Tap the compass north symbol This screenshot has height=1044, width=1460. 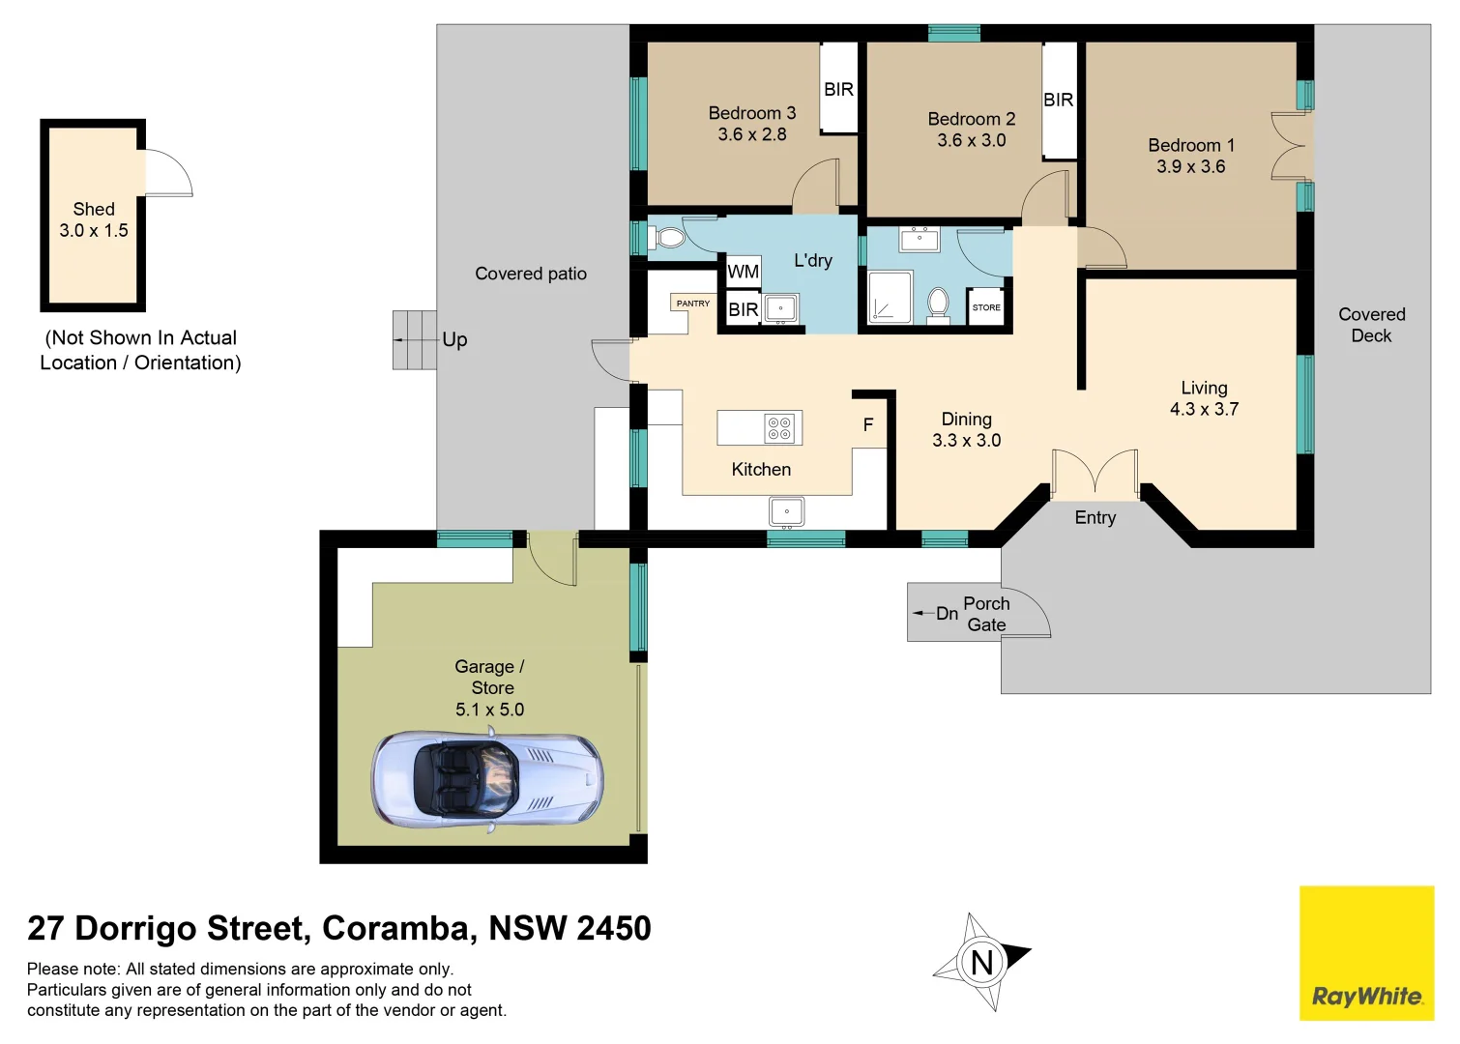(x=981, y=962)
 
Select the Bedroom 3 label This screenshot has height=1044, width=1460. (x=751, y=113)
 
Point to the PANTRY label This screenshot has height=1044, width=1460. (x=692, y=304)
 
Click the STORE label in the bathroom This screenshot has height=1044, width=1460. (x=986, y=307)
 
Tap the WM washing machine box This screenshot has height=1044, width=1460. (x=743, y=272)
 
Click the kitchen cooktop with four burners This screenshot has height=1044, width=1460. (x=779, y=428)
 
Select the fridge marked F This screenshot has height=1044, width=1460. (x=868, y=424)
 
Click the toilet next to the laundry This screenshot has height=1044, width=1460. (x=666, y=238)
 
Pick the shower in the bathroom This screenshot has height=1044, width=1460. (x=890, y=296)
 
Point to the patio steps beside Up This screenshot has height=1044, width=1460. (x=414, y=339)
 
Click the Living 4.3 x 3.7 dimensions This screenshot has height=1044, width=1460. (x=1204, y=409)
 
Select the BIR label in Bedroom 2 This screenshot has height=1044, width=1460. (x=1058, y=100)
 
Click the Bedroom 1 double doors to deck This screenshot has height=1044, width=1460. (x=1291, y=146)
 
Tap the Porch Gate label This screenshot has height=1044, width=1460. (x=986, y=614)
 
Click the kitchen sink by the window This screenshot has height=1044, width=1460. (x=786, y=511)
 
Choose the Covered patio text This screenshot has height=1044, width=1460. (x=531, y=274)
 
